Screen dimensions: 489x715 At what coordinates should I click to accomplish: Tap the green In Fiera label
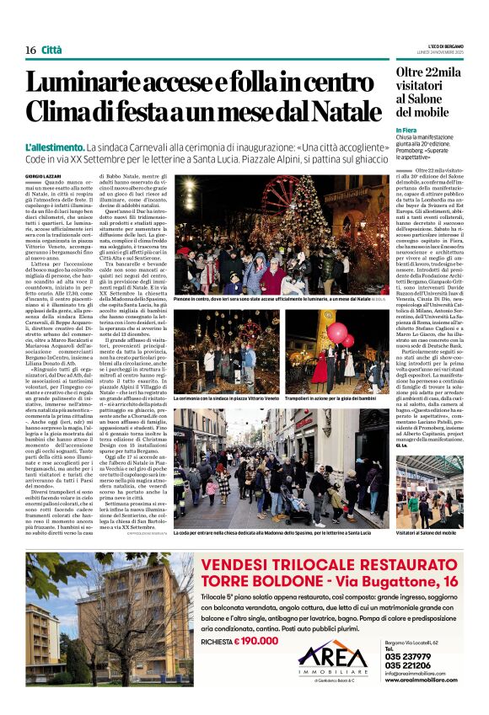coord(406,131)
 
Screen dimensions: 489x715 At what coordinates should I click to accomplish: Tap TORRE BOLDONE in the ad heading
coord(262,582)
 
